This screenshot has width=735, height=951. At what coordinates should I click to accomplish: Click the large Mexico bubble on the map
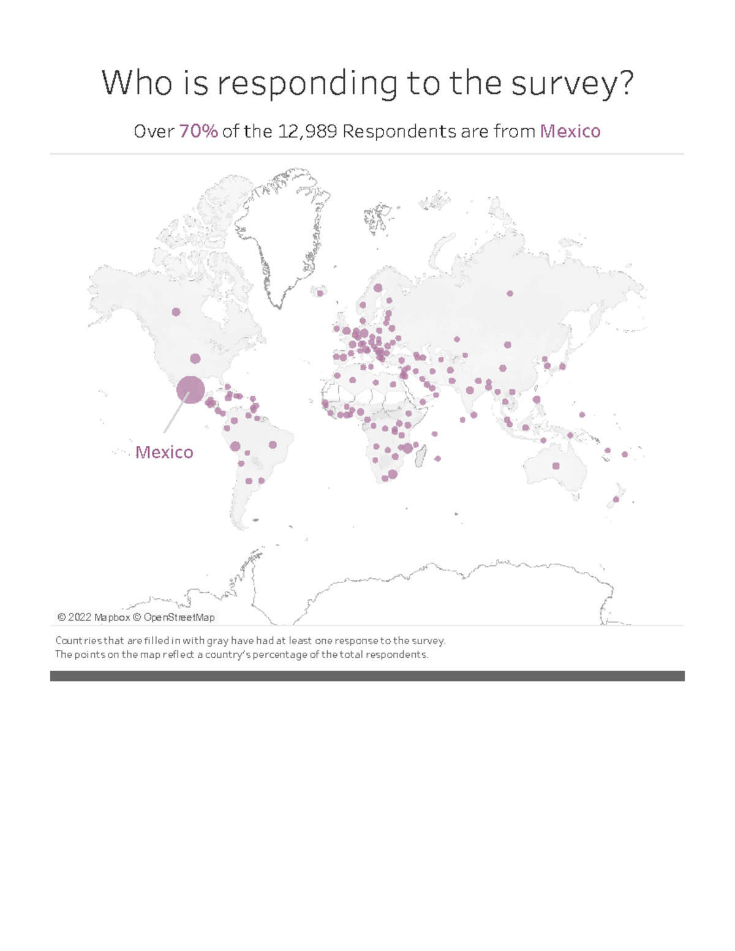tap(190, 390)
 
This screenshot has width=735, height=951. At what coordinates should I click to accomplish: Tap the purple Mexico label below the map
tap(164, 452)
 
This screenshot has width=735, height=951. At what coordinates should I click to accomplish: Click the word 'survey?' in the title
tap(572, 83)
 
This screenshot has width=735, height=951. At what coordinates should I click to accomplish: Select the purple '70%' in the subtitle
tap(198, 131)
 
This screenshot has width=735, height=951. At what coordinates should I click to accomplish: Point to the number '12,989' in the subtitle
tap(307, 131)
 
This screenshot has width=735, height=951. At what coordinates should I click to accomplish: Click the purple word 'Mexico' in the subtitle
tap(570, 131)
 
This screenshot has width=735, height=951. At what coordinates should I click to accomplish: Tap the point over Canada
tap(176, 312)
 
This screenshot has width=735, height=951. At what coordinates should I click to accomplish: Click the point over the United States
tap(195, 358)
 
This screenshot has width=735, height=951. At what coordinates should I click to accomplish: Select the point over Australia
tap(556, 466)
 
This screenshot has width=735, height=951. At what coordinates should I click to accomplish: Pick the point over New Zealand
tap(616, 500)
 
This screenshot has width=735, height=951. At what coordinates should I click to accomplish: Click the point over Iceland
tap(320, 293)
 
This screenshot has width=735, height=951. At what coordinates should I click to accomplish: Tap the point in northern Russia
tap(510, 293)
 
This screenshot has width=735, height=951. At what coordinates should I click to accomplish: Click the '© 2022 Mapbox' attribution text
tap(93, 617)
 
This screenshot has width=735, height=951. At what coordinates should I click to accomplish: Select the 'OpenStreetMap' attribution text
tap(179, 617)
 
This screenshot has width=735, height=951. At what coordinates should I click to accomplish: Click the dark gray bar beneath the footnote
tap(367, 675)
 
